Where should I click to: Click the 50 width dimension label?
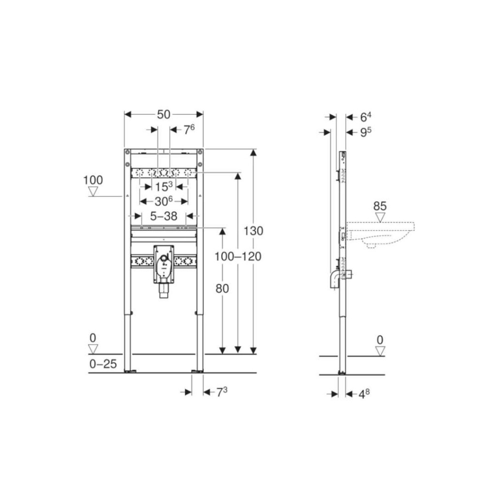[x=164, y=114]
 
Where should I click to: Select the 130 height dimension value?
[x=253, y=231]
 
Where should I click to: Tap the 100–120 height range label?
[x=238, y=257]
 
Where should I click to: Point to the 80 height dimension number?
[x=222, y=289]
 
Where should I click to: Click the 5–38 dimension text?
[x=164, y=217]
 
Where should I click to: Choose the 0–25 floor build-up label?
[x=103, y=364]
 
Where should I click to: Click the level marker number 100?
[x=93, y=180]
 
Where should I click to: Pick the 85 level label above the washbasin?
[x=380, y=206]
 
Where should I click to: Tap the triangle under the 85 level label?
[x=380, y=217]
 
